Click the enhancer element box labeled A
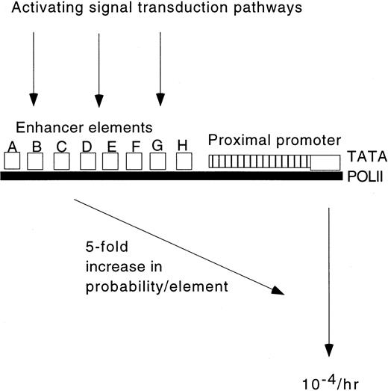[x=12, y=160]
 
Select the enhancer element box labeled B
[x=36, y=160]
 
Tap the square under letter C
[x=62, y=160]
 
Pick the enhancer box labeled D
[x=87, y=160]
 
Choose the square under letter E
[x=111, y=160]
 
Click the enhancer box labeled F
[x=135, y=160]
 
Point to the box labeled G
[x=157, y=160]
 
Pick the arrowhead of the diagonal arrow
[x=278, y=289]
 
